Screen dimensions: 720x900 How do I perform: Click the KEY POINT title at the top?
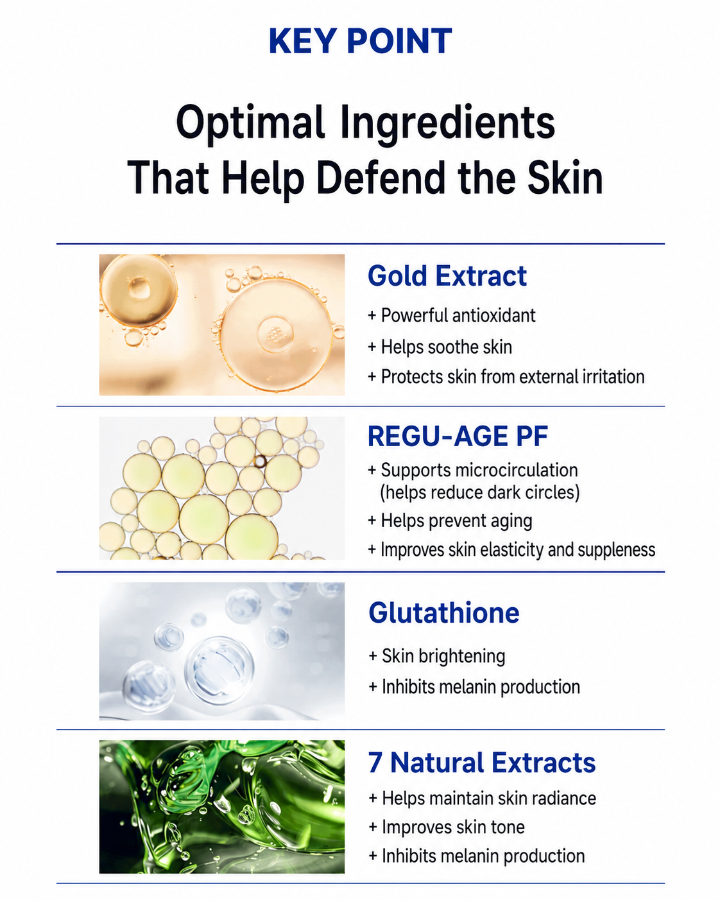coord(360,41)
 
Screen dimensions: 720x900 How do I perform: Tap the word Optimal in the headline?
coord(250,123)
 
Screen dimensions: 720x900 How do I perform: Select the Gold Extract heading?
coord(447,276)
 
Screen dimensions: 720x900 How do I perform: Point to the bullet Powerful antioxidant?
coord(452,316)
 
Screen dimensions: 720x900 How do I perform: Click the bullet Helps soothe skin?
coord(440,347)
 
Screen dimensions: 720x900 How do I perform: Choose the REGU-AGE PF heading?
coord(458,437)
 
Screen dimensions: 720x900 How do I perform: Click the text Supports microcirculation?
coord(473,470)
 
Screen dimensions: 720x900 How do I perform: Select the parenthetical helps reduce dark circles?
coord(479,492)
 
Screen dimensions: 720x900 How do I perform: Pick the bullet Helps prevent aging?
coord(450,521)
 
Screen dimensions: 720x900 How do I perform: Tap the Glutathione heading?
coord(443,612)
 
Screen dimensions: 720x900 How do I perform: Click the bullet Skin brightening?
coord(437,656)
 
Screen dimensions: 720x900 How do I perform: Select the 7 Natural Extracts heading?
coord(482,763)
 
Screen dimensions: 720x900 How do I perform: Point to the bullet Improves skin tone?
coord(447,827)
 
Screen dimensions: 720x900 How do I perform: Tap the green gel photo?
coord(221,807)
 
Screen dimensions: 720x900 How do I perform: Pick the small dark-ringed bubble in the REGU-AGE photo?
coord(260,462)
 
